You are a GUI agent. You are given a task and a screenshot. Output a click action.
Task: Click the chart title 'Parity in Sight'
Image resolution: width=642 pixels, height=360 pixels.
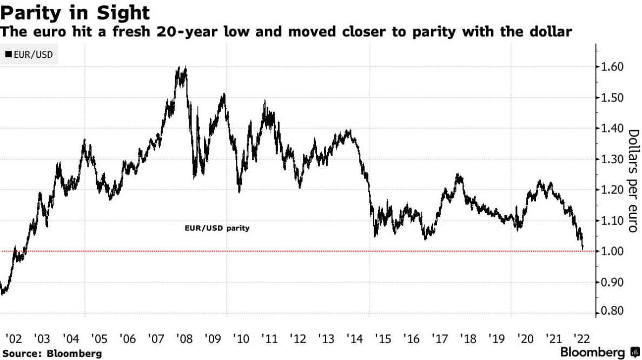click(x=76, y=11)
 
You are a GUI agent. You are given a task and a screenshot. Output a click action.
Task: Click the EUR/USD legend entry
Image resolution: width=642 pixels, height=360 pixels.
click(x=29, y=55)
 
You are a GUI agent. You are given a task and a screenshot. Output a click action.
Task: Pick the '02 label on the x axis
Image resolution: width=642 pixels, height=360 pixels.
click(x=13, y=339)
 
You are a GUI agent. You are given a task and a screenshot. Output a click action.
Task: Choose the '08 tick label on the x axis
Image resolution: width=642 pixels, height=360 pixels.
click(x=184, y=339)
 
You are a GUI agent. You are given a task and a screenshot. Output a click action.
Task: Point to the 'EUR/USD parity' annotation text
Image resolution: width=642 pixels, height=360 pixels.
click(x=217, y=228)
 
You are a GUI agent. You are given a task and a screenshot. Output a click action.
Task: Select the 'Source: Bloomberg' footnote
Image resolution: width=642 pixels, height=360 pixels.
click(x=51, y=354)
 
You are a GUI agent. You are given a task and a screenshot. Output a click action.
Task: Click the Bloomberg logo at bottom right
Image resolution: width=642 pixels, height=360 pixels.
click(x=600, y=352)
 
